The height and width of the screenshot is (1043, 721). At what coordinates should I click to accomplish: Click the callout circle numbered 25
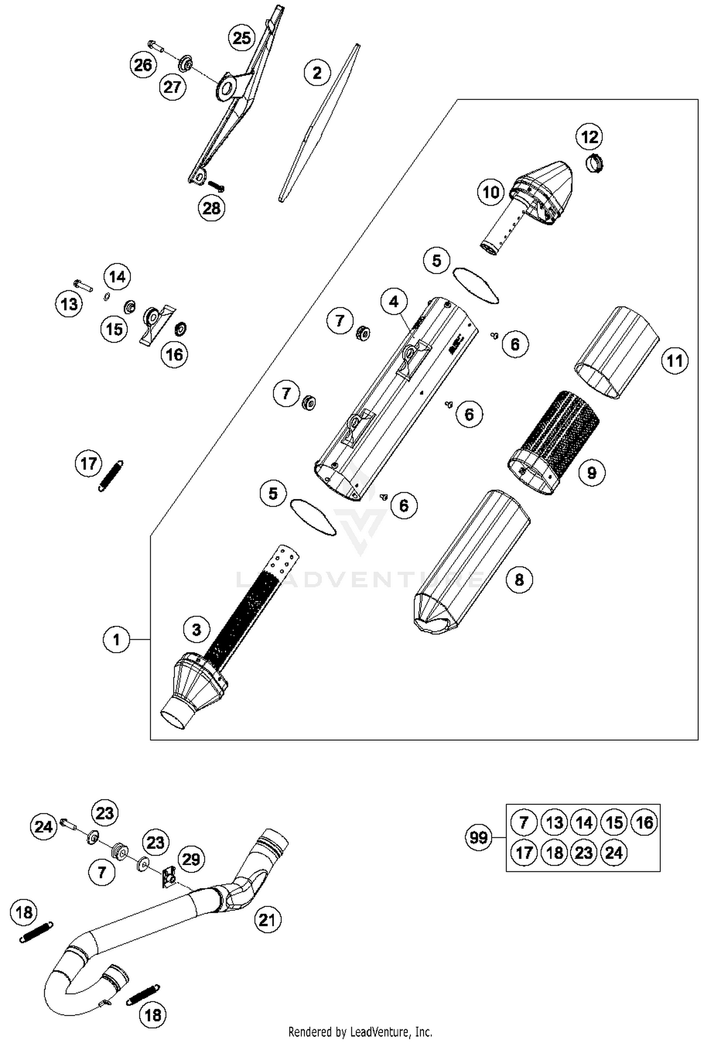(x=242, y=37)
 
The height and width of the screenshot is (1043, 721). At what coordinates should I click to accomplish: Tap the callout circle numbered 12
(x=589, y=137)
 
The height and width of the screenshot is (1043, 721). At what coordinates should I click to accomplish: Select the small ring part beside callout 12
(x=595, y=164)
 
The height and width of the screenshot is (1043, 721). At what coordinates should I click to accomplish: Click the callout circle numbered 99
(x=478, y=838)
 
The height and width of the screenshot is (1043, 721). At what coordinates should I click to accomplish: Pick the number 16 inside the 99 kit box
(x=644, y=822)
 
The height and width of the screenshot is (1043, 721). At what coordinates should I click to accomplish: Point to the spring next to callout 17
(x=111, y=476)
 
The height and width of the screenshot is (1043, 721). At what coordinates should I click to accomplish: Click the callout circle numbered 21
(x=267, y=920)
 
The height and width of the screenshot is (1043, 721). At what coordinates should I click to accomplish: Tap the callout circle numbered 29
(x=191, y=859)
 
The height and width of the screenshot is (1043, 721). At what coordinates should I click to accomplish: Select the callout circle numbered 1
(x=116, y=640)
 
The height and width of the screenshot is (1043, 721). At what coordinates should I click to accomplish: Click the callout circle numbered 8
(x=519, y=580)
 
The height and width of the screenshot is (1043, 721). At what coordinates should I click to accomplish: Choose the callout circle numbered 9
(x=591, y=473)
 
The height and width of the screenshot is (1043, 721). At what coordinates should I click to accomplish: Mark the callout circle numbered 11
(x=674, y=360)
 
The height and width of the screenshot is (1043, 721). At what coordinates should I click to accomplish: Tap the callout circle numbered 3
(x=196, y=630)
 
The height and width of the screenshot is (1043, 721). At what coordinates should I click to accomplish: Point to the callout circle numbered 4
(x=394, y=302)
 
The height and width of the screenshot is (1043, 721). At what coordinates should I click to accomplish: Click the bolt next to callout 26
(x=156, y=46)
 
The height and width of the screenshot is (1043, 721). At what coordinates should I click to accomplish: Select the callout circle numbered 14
(x=117, y=277)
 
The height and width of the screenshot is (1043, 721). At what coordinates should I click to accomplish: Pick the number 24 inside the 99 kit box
(x=614, y=853)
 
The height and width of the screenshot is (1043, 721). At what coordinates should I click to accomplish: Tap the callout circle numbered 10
(x=491, y=192)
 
